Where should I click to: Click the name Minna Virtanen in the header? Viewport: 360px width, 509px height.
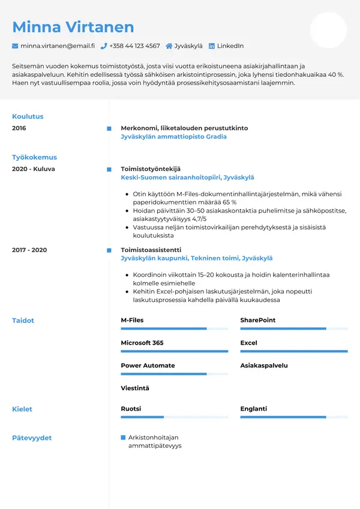point(73,27)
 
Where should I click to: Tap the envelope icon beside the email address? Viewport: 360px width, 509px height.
point(15,46)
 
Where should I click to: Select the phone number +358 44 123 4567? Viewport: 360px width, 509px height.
point(134,46)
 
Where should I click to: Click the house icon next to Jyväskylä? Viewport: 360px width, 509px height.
point(169,46)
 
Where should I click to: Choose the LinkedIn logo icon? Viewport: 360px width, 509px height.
point(211,46)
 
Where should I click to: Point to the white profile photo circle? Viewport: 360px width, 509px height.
point(328,30)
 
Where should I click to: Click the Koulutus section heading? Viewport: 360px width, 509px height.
point(28,116)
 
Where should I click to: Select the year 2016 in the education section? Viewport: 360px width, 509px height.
point(19,128)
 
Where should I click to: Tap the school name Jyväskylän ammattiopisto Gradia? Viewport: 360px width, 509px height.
point(173,136)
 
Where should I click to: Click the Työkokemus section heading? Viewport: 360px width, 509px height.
point(34,157)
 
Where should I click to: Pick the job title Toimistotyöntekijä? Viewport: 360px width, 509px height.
point(151,169)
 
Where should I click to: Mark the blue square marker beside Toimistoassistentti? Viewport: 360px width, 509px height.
point(109,250)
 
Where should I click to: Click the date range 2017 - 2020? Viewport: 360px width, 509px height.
point(29,250)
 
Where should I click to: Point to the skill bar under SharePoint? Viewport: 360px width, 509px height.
point(294,329)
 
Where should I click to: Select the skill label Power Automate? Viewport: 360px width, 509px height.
point(148,366)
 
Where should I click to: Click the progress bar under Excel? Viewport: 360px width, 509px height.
point(294,351)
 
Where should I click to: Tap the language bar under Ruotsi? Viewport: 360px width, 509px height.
point(174,417)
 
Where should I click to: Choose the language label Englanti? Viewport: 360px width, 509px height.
point(254,409)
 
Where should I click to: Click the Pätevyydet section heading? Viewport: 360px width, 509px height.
point(32,438)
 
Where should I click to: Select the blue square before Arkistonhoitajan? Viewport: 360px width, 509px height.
point(124,438)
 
